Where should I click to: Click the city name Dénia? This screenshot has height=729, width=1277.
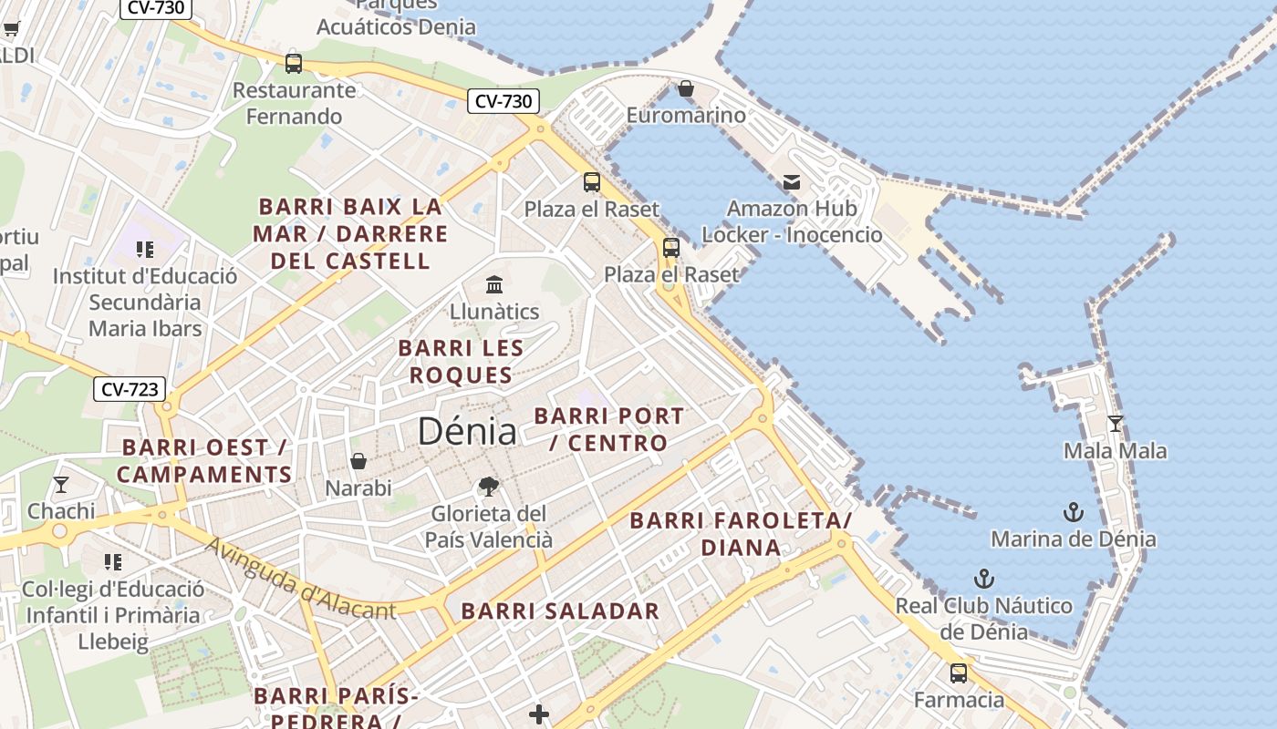pos(467,431)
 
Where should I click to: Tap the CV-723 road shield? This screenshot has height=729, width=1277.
pos(130,389)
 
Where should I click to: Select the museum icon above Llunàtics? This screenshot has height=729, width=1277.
pos(494,284)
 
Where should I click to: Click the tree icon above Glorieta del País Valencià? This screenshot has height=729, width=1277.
pos(489,487)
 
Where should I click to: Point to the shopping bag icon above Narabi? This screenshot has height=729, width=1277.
pos(358,461)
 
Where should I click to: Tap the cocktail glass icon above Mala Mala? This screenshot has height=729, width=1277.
pos(1115,424)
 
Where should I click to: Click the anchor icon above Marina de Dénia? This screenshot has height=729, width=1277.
pos(1074,512)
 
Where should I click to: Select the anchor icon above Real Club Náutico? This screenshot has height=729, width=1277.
pos(983,579)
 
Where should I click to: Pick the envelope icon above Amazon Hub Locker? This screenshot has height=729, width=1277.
pos(792,182)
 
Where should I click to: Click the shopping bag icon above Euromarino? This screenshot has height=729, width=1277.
pos(686,88)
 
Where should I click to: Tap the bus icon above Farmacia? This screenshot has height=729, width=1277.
pos(959,673)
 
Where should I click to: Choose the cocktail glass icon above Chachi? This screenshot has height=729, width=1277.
pos(61,484)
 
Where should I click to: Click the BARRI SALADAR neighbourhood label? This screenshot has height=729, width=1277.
pos(560,611)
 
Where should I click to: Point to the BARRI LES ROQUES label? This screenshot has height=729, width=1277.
pos(462,362)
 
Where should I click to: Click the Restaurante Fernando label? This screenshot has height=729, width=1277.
pos(294,103)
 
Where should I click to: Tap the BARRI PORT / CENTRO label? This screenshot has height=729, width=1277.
pos(609,429)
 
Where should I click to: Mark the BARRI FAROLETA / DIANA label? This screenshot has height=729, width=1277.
pos(741,534)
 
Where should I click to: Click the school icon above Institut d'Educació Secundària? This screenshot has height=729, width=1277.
pos(144,249)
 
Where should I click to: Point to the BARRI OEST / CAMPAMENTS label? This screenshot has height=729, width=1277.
pos(204,461)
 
